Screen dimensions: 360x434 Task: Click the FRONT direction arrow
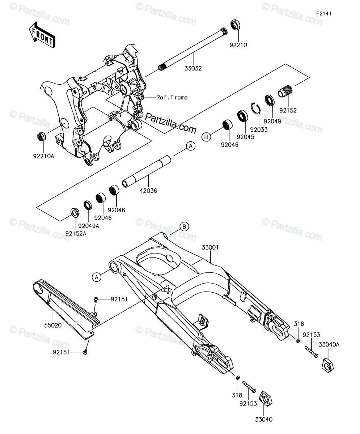pyautogui.click(x=42, y=35)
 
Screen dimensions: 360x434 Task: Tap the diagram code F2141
pyautogui.click(x=324, y=14)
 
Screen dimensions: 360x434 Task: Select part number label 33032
pyautogui.click(x=193, y=68)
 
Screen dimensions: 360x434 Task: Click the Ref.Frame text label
pyautogui.click(x=172, y=97)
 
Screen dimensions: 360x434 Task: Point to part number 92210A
pyautogui.click(x=44, y=156)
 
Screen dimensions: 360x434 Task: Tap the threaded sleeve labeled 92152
pyautogui.click(x=285, y=92)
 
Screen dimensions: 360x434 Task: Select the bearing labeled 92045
pyautogui.click(x=243, y=117)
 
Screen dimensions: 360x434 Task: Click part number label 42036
pyautogui.click(x=148, y=191)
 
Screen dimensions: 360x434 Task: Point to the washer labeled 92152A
pyautogui.click(x=75, y=212)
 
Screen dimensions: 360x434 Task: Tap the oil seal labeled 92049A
pyautogui.click(x=88, y=205)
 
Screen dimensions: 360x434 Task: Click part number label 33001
pyautogui.click(x=210, y=247)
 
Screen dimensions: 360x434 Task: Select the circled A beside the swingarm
pyautogui.click(x=97, y=277)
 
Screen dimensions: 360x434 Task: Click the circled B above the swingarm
pyautogui.click(x=184, y=226)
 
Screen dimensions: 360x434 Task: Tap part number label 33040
pyautogui.click(x=264, y=420)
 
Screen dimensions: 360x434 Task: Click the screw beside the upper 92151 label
pyautogui.click(x=96, y=299)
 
